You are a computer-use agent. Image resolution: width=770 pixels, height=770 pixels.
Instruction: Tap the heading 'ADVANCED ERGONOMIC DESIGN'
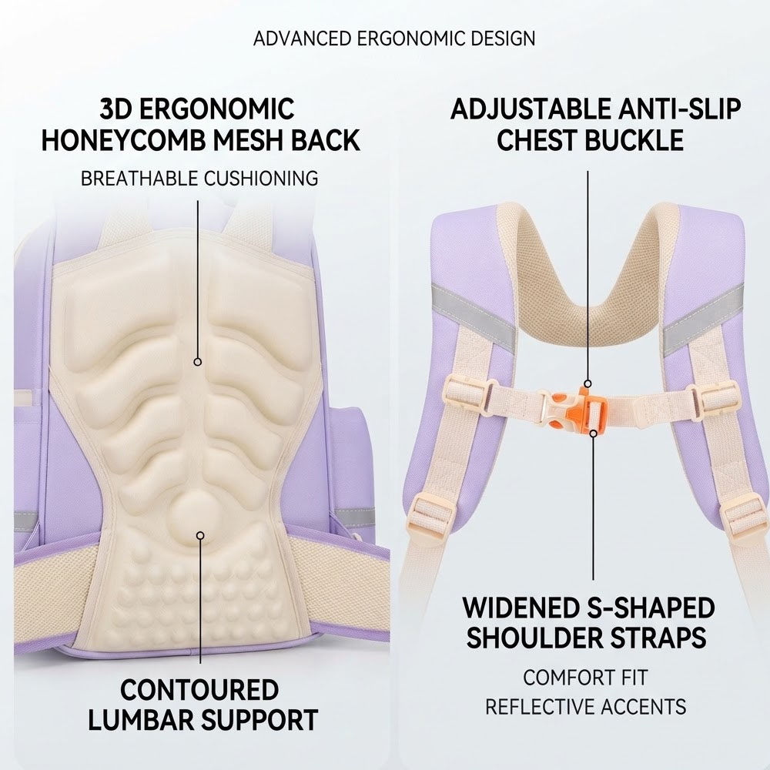pos(393,38)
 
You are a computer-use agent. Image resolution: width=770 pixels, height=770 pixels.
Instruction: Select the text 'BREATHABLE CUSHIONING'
pos(199,179)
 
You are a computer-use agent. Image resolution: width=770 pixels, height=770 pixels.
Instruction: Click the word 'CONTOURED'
pos(200,689)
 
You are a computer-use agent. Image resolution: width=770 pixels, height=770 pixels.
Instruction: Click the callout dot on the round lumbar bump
pos(200,535)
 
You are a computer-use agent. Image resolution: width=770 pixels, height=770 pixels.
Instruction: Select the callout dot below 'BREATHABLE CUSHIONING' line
pos(198,362)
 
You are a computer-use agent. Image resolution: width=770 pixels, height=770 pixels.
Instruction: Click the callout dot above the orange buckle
pos(588,383)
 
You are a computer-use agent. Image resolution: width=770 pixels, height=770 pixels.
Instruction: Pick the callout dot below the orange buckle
pos(593,434)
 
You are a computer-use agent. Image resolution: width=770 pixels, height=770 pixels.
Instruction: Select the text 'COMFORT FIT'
pos(585,678)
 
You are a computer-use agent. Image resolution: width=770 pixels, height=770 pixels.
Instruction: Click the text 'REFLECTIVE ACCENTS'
pos(585,707)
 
